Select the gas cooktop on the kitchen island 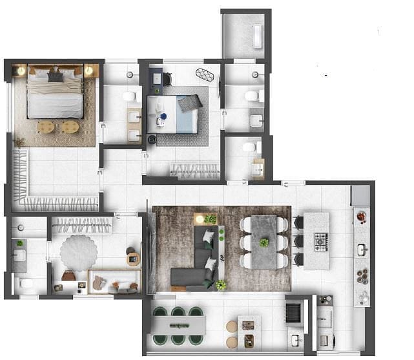pos(321,242)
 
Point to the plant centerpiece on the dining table pos(264,242)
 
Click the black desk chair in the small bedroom pos(167,79)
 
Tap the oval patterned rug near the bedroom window pos(205,74)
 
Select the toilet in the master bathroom pos(130,96)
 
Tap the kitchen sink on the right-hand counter pos(362,248)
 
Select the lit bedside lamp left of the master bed pos(19,70)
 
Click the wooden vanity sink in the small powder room pos(258,168)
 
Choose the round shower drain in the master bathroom pos(130,75)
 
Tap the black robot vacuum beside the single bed pos(152,138)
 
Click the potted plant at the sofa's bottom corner pos(221,284)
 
